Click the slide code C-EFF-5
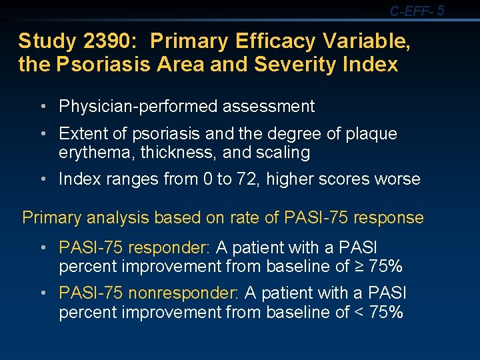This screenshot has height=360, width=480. coord(417,10)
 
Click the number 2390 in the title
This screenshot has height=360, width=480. coord(112,41)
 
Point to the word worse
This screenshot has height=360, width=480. coord(399,179)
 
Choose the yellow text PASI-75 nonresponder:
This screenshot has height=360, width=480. coord(149,293)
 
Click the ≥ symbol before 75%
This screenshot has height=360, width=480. coord(360,267)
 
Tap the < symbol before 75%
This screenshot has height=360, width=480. coord(360,313)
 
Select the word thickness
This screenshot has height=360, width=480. coord(175,153)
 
